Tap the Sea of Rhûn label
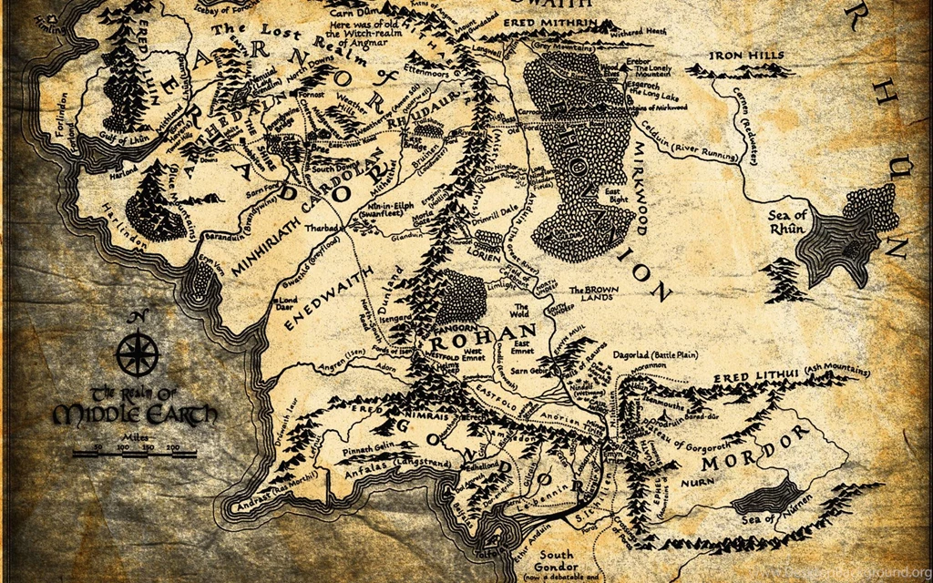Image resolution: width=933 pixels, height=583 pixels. pyautogui.click(x=787, y=221)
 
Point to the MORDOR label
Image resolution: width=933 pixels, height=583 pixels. pyautogui.click(x=767, y=446)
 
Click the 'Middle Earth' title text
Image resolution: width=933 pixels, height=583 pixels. pyautogui.click(x=135, y=414)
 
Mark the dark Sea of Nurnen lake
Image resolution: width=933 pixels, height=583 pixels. pyautogui.click(x=767, y=497)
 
